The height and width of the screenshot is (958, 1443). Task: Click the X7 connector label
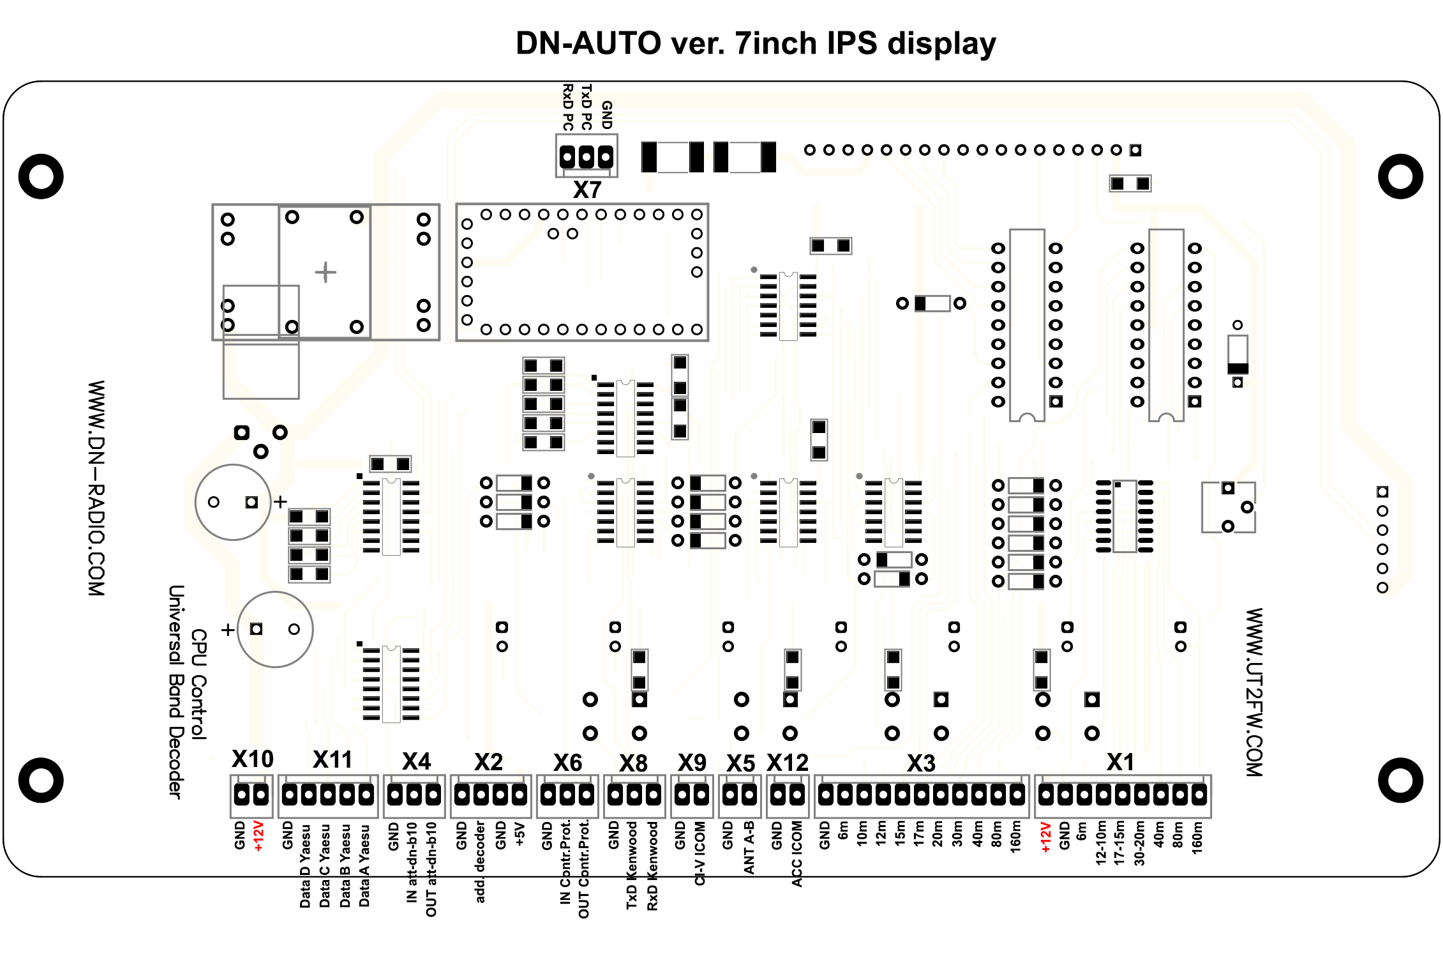(x=587, y=190)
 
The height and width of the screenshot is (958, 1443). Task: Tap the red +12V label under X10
(x=258, y=836)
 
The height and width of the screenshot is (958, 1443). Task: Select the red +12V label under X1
(x=1045, y=838)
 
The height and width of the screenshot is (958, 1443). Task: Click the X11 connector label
(x=333, y=759)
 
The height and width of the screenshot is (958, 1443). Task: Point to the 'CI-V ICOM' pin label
(x=700, y=853)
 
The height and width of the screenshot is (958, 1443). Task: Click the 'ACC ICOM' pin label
(x=796, y=854)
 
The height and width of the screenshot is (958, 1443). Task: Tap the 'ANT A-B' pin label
(x=749, y=848)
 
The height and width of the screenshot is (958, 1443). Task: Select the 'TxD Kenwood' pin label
(x=632, y=865)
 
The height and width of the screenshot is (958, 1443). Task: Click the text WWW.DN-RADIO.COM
(x=96, y=489)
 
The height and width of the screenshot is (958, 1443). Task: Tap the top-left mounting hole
(x=41, y=176)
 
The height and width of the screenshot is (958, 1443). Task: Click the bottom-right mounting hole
(x=1400, y=780)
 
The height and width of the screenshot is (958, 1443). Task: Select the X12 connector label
(x=788, y=763)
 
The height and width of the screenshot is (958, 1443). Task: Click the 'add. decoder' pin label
(x=480, y=862)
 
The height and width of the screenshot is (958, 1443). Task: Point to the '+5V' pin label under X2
(x=520, y=834)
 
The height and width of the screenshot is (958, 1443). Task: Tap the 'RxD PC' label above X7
(x=567, y=106)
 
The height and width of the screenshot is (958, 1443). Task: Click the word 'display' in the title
(x=942, y=43)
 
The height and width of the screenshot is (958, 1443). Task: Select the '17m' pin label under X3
(x=919, y=834)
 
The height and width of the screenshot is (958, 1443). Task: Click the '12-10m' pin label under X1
(x=1101, y=843)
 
